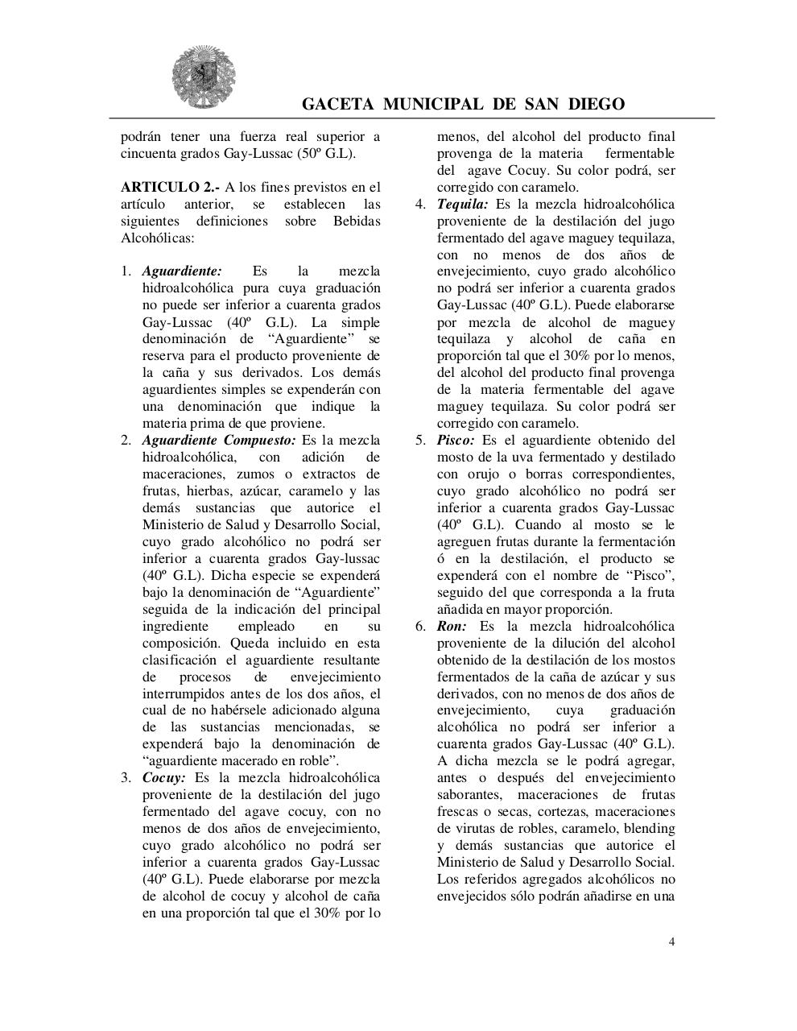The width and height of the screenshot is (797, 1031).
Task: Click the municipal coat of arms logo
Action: pos(203,77)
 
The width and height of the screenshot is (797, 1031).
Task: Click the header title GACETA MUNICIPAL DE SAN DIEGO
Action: pos(463,105)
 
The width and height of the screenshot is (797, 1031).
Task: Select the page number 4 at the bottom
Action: pos(672,942)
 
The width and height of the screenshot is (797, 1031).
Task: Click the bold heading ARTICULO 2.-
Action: pos(170,188)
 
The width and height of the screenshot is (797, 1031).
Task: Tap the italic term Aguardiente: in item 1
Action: pos(182,271)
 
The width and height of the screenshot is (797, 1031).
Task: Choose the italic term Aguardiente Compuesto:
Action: pos(219,441)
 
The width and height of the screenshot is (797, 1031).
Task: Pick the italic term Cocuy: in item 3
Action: pos(164,778)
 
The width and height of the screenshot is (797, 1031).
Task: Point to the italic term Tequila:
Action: pos(462,205)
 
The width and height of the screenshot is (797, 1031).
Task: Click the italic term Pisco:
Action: pos(456,441)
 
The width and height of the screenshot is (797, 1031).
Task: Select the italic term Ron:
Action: pos(452,627)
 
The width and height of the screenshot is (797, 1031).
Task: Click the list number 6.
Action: pos(420,627)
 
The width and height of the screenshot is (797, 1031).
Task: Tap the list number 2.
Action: pos(126,441)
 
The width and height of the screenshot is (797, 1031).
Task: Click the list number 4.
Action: pos(420,205)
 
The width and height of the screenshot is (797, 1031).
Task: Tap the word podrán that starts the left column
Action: pos(142,137)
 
